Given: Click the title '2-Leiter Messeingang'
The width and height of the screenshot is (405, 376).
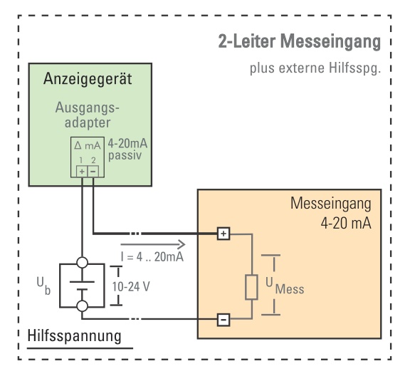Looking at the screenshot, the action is click(x=300, y=41).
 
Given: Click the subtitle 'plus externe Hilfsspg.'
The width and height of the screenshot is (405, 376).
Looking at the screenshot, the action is click(x=315, y=68).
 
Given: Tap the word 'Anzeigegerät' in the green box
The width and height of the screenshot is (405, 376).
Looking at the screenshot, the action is click(x=88, y=78).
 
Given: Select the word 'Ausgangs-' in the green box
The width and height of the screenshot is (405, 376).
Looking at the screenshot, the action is click(x=88, y=108).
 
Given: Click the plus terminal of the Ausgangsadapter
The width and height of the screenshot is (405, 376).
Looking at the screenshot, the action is click(x=82, y=172).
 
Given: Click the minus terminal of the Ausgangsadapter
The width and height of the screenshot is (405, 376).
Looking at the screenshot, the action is click(x=93, y=172).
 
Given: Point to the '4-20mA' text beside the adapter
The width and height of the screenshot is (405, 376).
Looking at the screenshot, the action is click(x=127, y=143).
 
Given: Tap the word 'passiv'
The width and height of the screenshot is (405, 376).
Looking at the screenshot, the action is click(x=125, y=155).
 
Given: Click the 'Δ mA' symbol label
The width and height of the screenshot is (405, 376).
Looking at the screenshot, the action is click(x=88, y=146).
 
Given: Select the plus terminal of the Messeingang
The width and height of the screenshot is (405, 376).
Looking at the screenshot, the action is click(x=223, y=234).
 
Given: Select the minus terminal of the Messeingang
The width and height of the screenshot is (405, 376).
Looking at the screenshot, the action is click(x=223, y=320).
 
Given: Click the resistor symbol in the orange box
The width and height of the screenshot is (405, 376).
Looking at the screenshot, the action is click(x=251, y=288).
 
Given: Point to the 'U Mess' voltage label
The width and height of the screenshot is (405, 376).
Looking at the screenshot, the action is click(x=285, y=286).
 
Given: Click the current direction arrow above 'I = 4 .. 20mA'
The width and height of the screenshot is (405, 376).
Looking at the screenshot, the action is click(x=153, y=244).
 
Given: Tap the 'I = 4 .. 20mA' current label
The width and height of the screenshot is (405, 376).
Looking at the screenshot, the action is click(x=152, y=257).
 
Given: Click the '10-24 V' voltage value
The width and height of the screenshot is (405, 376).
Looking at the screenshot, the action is click(x=131, y=286).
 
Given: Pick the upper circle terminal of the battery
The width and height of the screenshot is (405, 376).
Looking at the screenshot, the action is click(x=83, y=263).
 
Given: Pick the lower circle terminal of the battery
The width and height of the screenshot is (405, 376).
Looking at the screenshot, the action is click(x=83, y=306).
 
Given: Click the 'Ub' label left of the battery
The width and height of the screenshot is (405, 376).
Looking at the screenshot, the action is click(x=43, y=286).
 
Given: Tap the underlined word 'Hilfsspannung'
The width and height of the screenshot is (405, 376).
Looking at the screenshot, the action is click(x=75, y=335).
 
